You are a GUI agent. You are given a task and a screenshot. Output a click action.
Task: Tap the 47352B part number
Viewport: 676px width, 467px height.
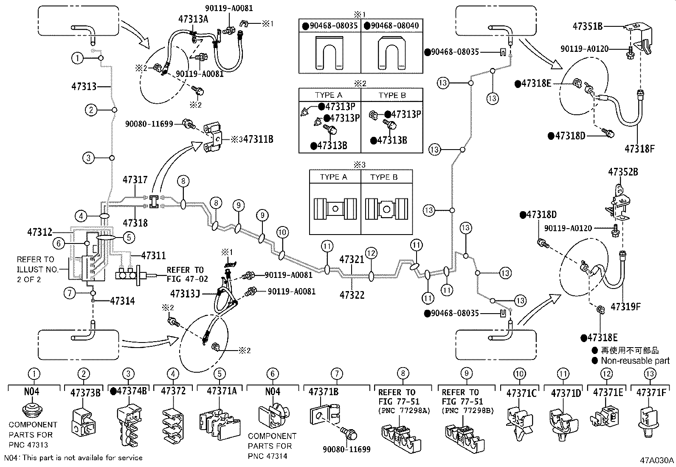(623, 172)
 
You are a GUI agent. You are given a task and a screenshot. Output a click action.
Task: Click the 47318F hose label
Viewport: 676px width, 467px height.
(639, 149)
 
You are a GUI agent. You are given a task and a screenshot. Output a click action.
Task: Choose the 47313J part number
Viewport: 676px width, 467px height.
(185, 293)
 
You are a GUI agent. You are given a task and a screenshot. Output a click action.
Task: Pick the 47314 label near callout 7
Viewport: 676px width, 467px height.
(122, 301)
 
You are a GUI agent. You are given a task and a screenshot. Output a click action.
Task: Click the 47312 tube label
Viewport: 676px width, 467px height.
(39, 232)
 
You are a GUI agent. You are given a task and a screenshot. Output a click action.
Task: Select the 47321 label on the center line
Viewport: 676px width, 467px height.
(352, 259)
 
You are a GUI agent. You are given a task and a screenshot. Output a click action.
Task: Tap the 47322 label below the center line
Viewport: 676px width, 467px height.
(352, 294)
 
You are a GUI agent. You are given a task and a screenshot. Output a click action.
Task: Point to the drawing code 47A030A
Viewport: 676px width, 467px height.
(657, 460)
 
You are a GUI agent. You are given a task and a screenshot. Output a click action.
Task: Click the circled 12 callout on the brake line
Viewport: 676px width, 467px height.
(371, 254)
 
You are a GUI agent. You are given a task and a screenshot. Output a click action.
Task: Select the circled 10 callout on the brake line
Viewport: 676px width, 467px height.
(282, 232)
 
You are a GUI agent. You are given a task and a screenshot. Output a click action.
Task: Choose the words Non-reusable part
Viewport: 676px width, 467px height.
(635, 361)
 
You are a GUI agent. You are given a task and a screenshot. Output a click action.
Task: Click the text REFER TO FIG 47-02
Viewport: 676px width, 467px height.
(185, 275)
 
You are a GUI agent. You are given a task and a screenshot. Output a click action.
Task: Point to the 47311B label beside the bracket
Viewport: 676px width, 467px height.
(258, 139)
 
